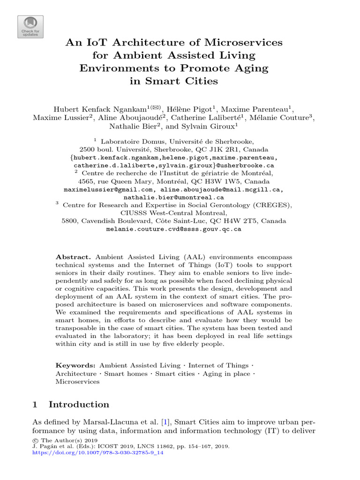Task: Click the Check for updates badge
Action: click(x=30, y=27)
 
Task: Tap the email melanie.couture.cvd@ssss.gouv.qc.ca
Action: click(x=174, y=229)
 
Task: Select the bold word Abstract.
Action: click(x=74, y=257)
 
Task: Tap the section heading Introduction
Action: click(x=79, y=405)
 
